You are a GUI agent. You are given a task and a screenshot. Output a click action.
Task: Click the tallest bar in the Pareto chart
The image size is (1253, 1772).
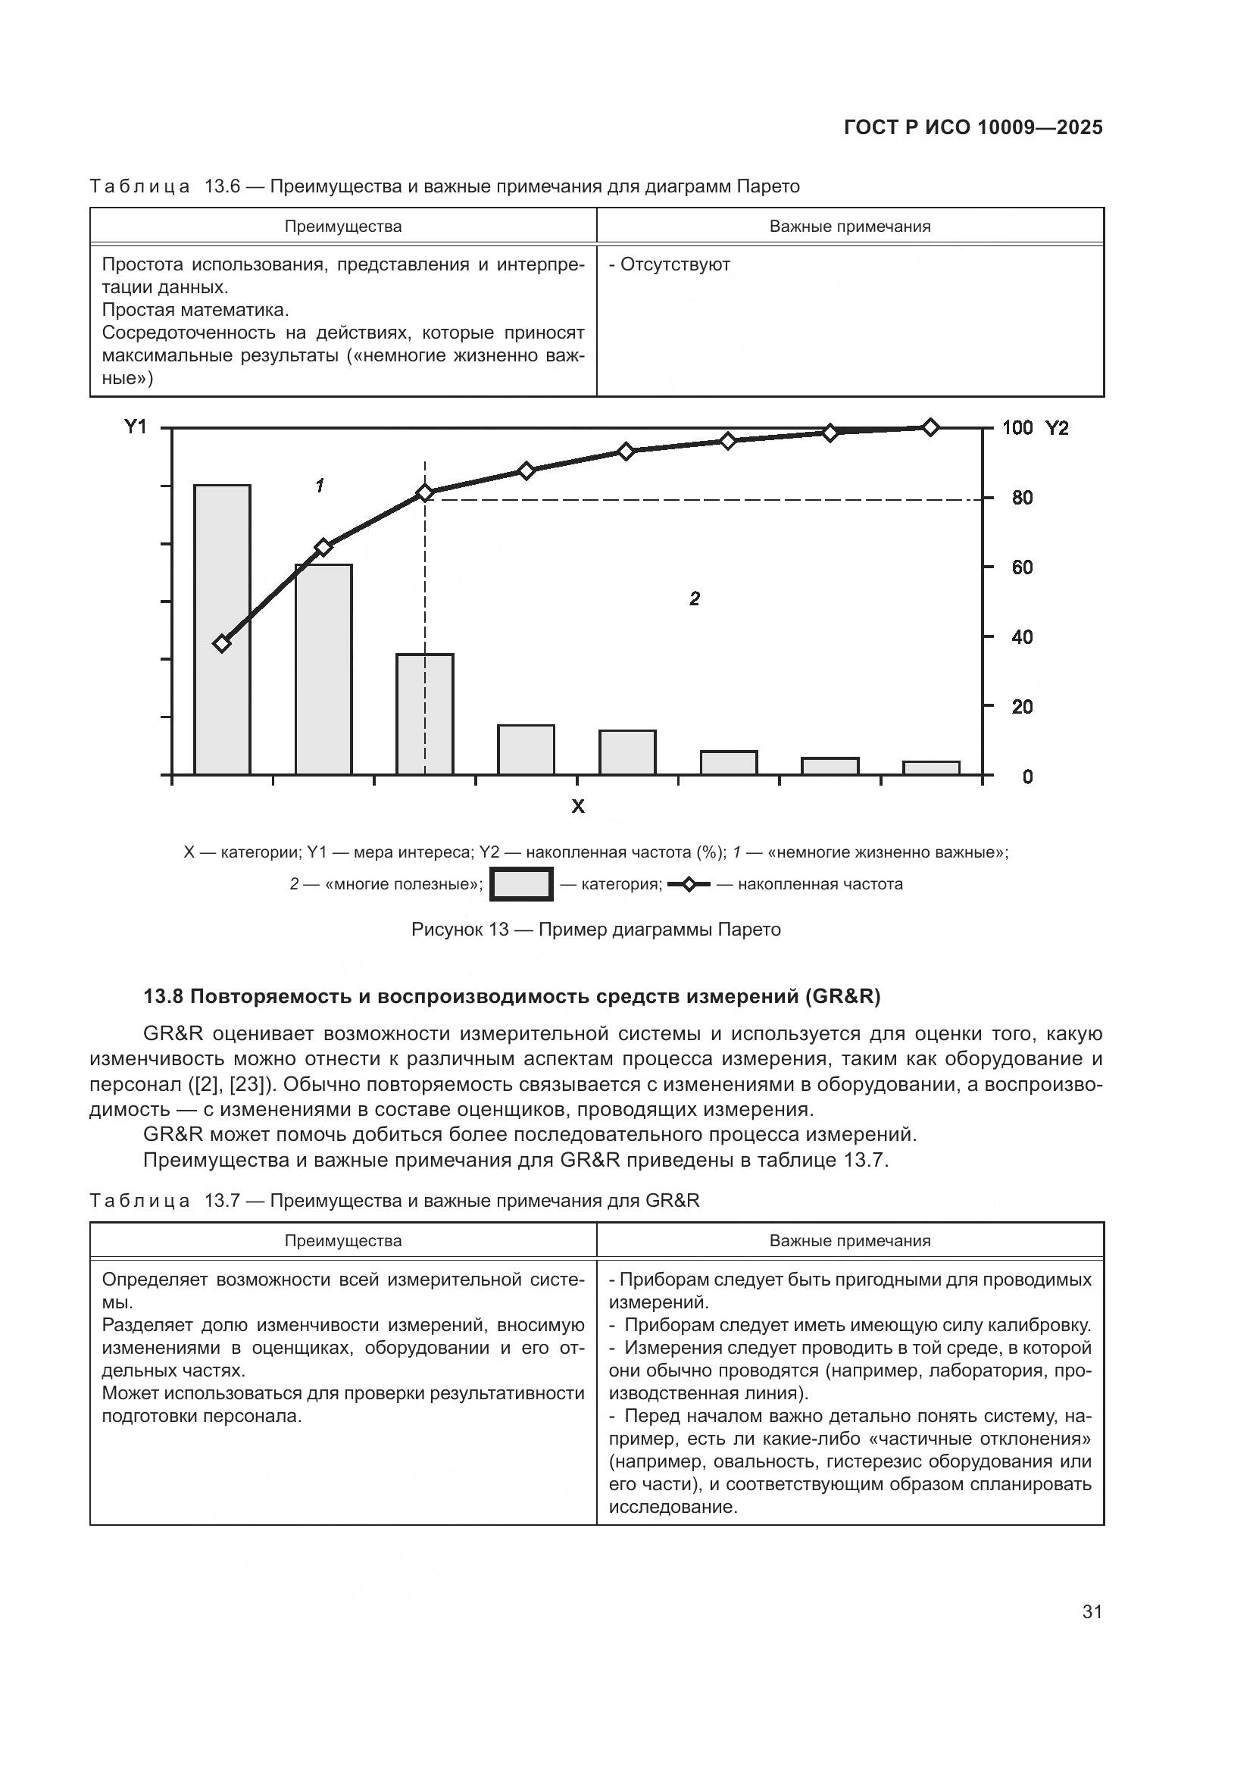point(222,629)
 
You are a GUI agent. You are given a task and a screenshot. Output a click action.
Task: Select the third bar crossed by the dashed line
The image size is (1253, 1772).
point(425,714)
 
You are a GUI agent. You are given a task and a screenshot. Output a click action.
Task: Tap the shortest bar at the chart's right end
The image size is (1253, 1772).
point(931,768)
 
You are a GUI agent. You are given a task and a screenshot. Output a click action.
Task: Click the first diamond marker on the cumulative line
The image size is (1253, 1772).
point(222,643)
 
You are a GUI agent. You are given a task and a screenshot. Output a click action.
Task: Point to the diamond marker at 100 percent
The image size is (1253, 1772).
point(930,427)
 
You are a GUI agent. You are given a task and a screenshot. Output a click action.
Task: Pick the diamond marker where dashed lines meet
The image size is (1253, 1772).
point(425,493)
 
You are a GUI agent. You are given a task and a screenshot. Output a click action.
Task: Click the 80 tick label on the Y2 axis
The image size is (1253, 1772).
point(1022,498)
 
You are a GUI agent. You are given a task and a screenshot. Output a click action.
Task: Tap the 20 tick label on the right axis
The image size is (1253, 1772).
point(1022,707)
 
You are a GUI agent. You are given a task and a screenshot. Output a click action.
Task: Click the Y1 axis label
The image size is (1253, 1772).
point(136,427)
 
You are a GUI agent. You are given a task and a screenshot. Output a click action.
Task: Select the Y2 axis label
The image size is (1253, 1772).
point(1057,428)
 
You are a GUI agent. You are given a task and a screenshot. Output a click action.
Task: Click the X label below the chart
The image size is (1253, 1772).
point(577,808)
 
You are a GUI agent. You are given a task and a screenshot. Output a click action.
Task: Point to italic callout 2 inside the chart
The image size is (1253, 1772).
point(695,599)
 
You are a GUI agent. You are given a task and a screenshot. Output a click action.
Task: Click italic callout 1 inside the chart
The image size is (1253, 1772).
point(320,486)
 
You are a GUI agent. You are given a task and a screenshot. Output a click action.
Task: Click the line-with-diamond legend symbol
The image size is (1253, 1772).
point(688,884)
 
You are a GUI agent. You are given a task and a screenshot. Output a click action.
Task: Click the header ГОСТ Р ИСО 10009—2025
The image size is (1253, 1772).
point(973,128)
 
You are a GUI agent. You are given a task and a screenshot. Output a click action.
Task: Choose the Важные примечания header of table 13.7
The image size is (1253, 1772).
point(849,1241)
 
